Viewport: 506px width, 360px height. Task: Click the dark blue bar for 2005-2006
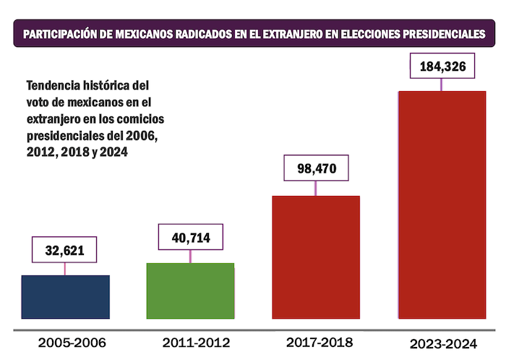pyautogui.click(x=66, y=296)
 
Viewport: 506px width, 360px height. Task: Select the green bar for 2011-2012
pyautogui.click(x=190, y=290)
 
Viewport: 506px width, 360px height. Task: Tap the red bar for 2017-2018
pyautogui.click(x=315, y=257)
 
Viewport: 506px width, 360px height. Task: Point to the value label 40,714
pyautogui.click(x=190, y=236)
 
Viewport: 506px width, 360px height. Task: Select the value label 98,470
pyautogui.click(x=316, y=168)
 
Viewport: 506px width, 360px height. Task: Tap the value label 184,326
pyautogui.click(x=442, y=67)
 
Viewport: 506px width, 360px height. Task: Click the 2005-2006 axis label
pyautogui.click(x=66, y=341)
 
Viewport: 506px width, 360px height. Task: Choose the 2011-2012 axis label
pyautogui.click(x=190, y=341)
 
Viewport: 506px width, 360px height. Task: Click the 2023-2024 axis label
pyautogui.click(x=442, y=343)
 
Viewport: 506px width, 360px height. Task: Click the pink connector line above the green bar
pyautogui.click(x=190, y=256)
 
